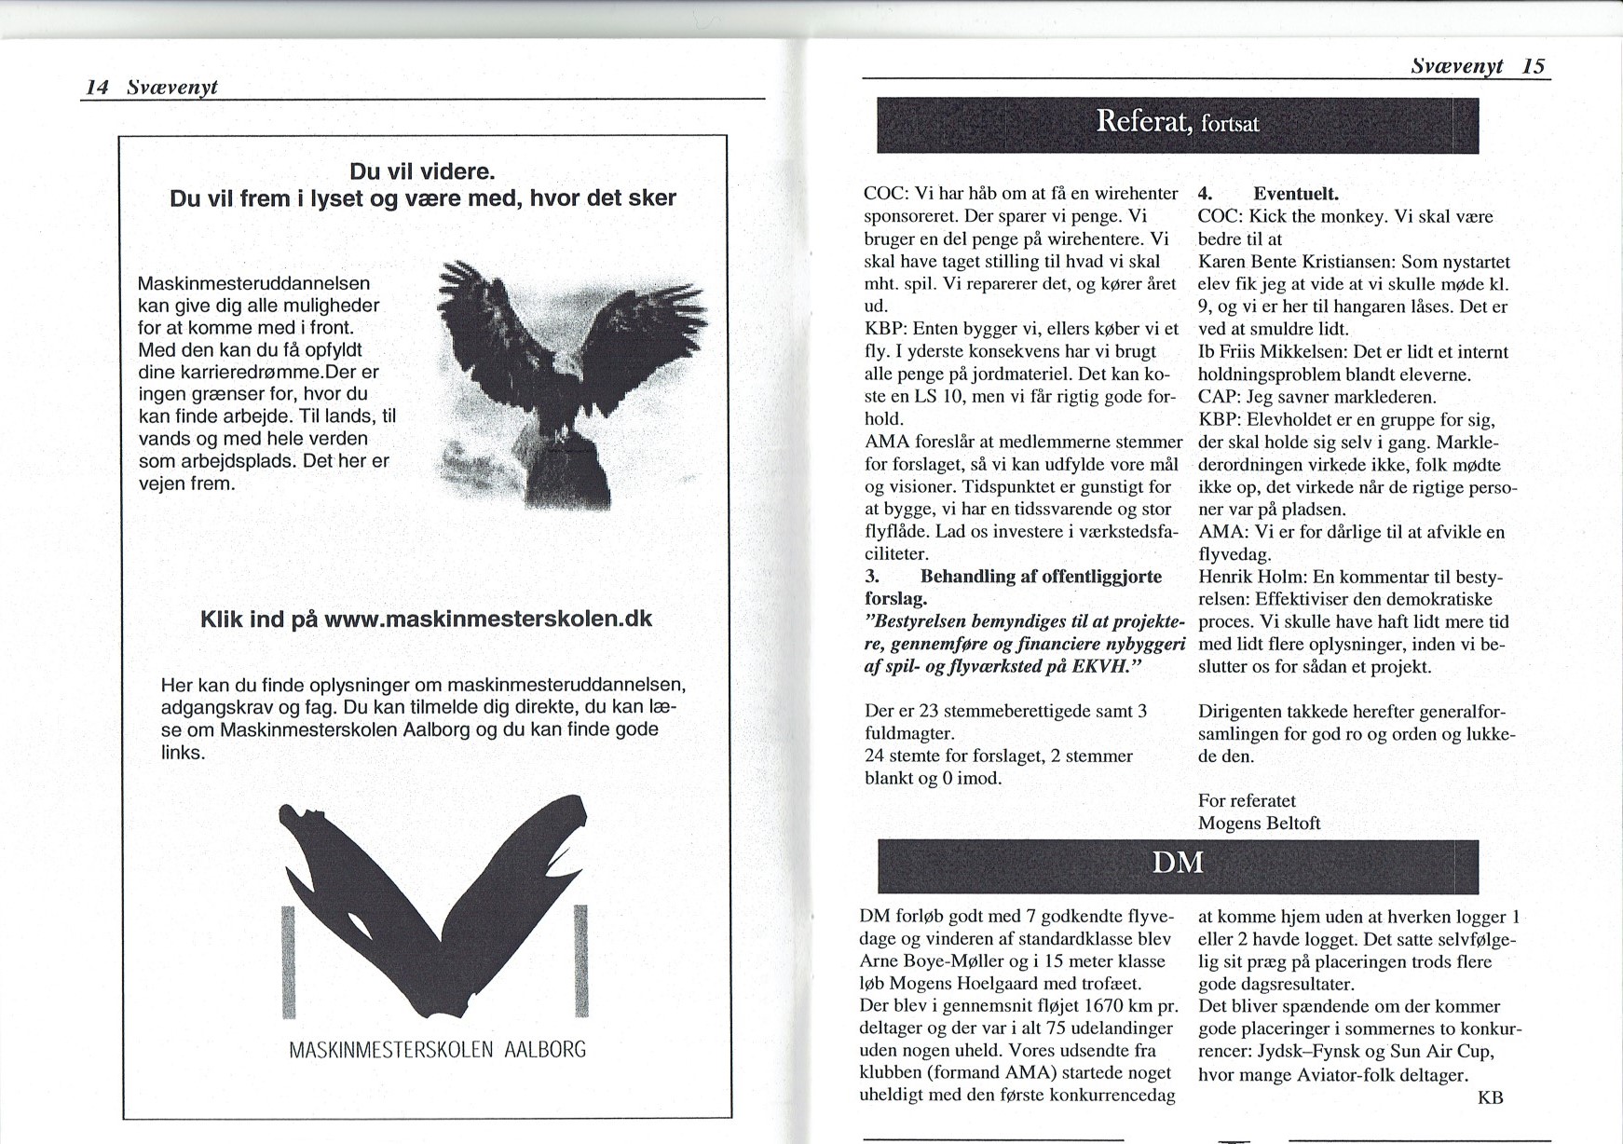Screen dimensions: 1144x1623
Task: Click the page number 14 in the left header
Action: coord(98,88)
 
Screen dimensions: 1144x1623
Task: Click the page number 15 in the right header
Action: coord(1533,66)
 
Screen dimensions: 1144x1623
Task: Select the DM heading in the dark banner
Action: coord(1178,863)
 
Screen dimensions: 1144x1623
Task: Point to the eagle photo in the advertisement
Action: coord(570,382)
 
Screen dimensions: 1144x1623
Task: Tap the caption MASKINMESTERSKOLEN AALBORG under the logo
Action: coord(438,1050)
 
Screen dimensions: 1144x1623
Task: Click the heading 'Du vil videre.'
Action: coord(421,172)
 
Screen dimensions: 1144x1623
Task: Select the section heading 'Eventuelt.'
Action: coord(1295,195)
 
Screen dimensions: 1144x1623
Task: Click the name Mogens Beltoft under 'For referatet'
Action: coord(1259,823)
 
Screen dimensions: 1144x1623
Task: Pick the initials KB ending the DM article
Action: coord(1490,1097)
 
